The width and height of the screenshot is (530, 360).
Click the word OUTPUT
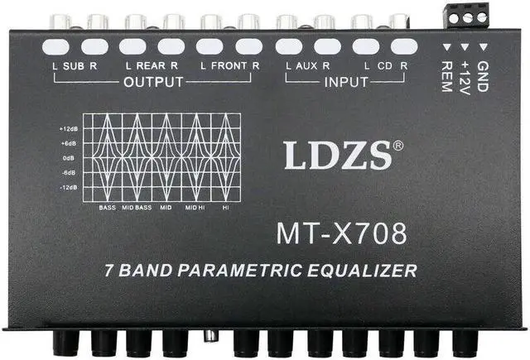click(x=154, y=82)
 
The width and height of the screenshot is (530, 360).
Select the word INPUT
click(x=346, y=82)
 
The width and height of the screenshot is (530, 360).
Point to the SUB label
click(x=73, y=65)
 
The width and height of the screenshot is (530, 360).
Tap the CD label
click(x=383, y=65)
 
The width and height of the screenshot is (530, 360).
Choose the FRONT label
click(x=230, y=65)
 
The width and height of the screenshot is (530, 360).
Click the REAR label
click(x=153, y=65)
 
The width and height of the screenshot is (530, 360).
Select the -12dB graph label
click(x=69, y=188)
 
